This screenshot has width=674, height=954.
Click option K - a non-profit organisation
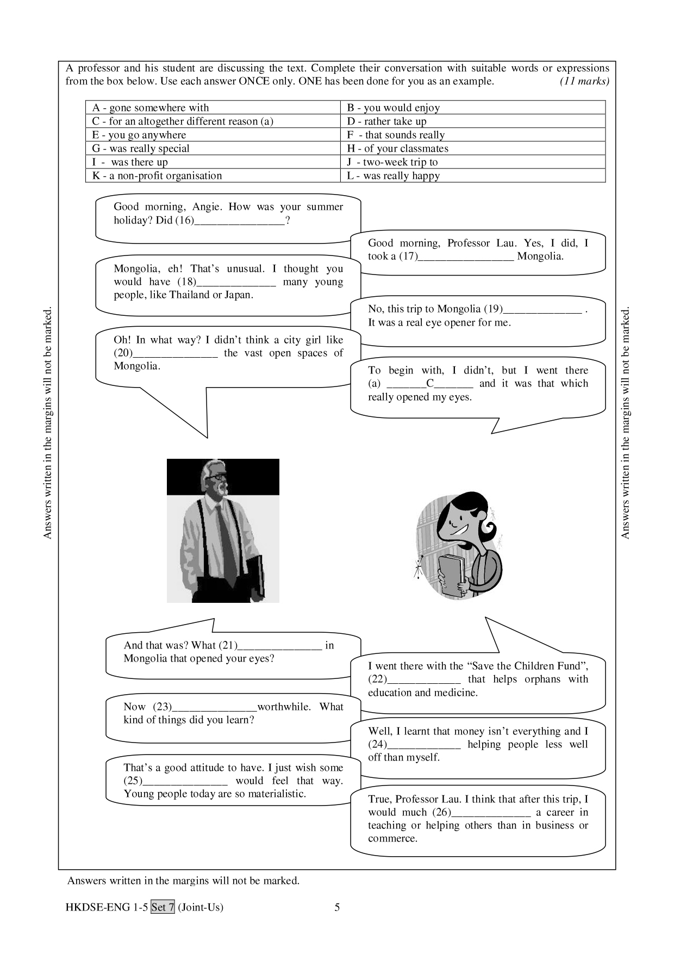click(x=157, y=176)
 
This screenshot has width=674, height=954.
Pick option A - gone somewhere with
click(x=151, y=108)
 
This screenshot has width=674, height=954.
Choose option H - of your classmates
click(x=397, y=148)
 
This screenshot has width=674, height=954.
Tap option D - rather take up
click(x=386, y=121)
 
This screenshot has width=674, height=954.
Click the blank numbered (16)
click(x=239, y=221)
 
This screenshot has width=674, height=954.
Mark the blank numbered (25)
click(x=184, y=782)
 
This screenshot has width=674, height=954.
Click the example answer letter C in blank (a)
click(x=430, y=383)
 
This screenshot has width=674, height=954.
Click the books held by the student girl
click(x=452, y=576)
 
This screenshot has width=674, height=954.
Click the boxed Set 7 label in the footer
click(x=163, y=907)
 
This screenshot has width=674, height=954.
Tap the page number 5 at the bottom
click(x=337, y=907)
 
